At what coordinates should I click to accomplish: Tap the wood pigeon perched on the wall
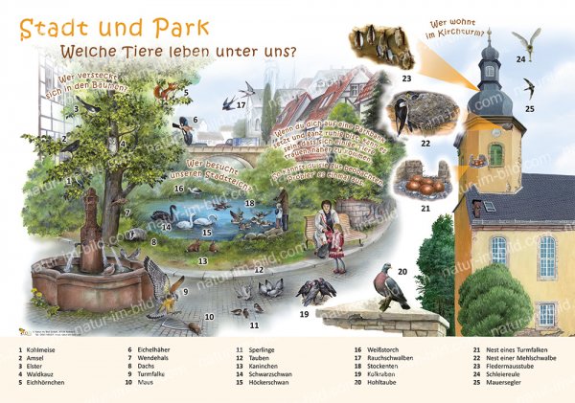pos(393,286)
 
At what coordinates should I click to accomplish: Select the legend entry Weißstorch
pos(373,350)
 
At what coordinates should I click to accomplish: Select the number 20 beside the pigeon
pos(402,272)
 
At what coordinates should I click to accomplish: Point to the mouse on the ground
pos(193,327)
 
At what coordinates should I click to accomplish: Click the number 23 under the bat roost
pos(406,78)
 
